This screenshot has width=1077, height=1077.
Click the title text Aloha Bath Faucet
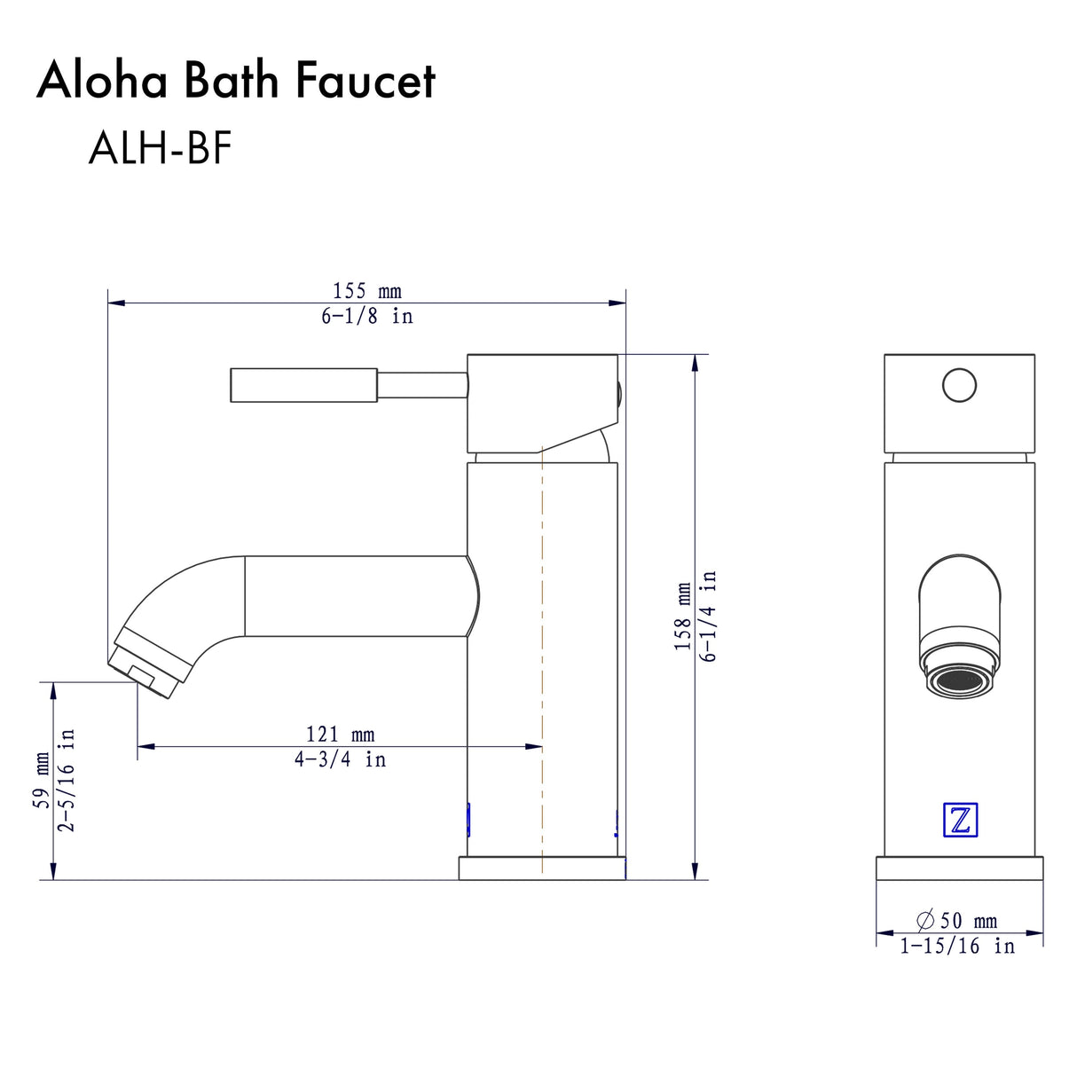click(x=236, y=81)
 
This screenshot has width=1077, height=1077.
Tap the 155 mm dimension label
click(x=366, y=291)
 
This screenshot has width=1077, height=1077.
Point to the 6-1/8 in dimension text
click(x=366, y=317)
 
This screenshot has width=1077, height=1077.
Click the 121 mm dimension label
click(x=340, y=735)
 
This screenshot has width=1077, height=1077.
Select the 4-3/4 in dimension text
click(x=340, y=760)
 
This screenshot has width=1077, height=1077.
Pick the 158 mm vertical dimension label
click(x=682, y=617)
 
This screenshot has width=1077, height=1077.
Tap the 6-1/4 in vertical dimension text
click(x=708, y=617)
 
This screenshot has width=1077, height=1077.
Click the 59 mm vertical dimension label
click(x=42, y=781)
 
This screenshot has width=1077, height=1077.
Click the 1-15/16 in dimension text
click(x=956, y=947)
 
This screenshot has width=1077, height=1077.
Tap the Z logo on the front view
click(x=959, y=820)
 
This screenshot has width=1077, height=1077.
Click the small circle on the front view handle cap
click(x=959, y=386)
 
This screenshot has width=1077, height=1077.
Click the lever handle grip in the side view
click(x=303, y=385)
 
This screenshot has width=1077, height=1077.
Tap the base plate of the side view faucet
click(x=541, y=869)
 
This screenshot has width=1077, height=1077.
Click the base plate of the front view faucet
click(x=959, y=869)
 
